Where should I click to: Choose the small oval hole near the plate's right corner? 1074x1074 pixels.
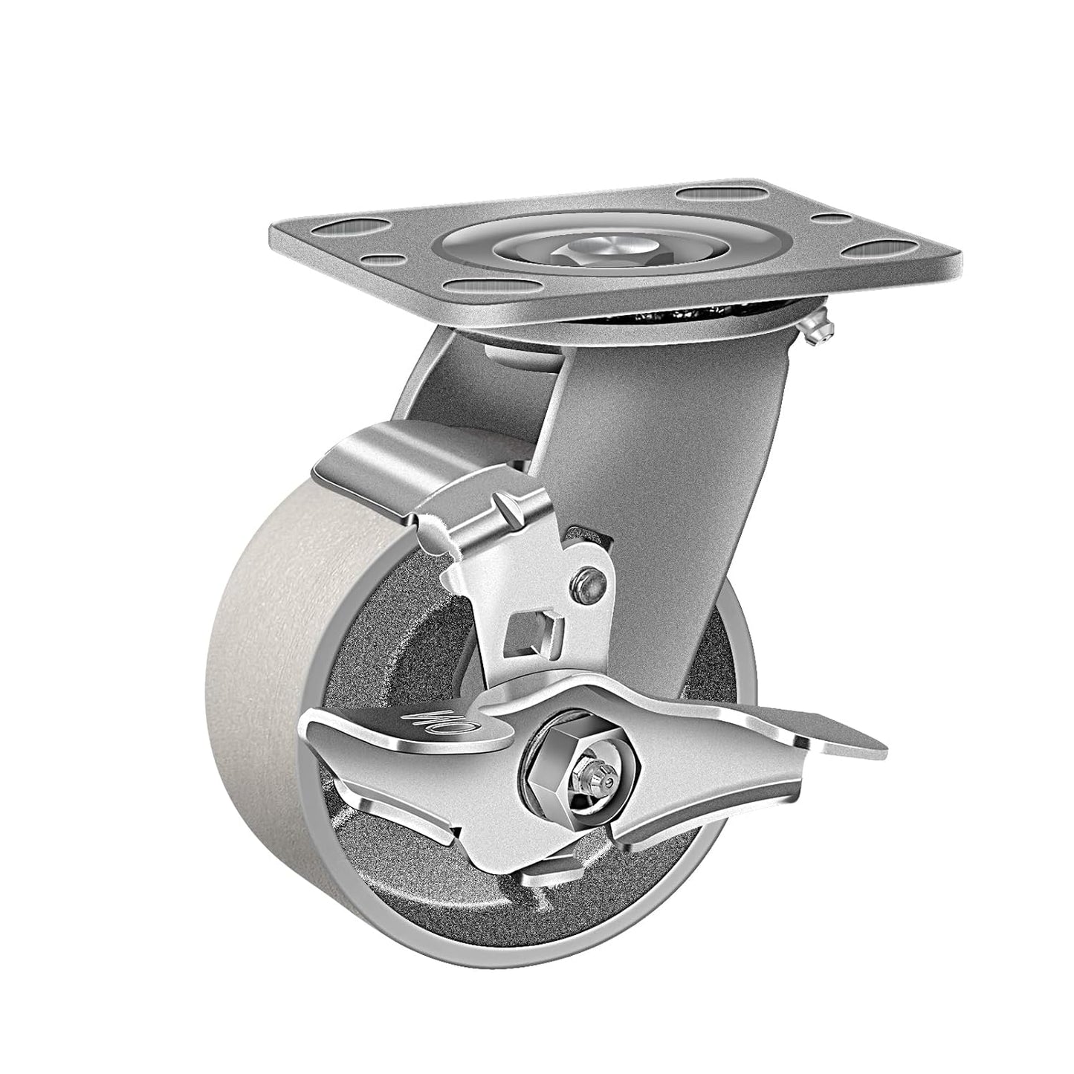coord(830,219)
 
